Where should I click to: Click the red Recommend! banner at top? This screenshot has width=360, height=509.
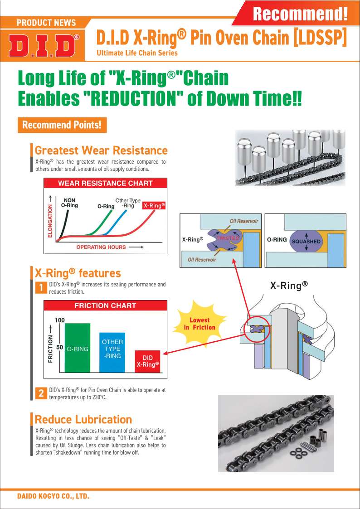coord(299,14)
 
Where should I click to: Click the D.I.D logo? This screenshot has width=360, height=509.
coord(44,46)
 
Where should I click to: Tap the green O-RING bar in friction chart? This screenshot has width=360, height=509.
coord(78,348)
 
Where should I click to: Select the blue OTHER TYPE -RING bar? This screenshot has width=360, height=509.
coord(112,352)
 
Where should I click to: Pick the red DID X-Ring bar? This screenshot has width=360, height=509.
coord(148,361)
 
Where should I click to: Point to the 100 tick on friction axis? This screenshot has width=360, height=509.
coord(59,320)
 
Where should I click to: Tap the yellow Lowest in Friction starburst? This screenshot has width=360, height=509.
coord(199,324)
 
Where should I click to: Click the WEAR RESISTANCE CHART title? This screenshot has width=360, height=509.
coord(105,184)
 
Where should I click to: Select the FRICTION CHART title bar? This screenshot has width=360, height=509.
coord(105,305)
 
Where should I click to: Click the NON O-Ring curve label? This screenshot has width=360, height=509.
coord(69,203)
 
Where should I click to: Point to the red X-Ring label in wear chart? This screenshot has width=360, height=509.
coord(154,206)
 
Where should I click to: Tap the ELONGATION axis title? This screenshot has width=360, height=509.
coord(50,220)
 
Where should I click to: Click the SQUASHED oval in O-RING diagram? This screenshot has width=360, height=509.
coord(306,241)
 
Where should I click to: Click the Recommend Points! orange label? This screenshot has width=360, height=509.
coord(62,125)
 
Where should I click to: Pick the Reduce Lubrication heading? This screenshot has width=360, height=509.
coord(83,419)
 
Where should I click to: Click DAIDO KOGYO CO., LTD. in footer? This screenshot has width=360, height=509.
coord(53,496)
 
